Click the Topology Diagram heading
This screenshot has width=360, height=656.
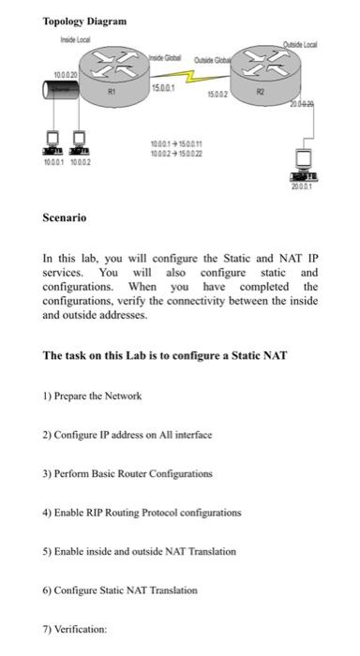84,21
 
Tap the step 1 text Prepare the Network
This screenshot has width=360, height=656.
92,395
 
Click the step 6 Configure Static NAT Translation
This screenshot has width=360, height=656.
120,590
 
